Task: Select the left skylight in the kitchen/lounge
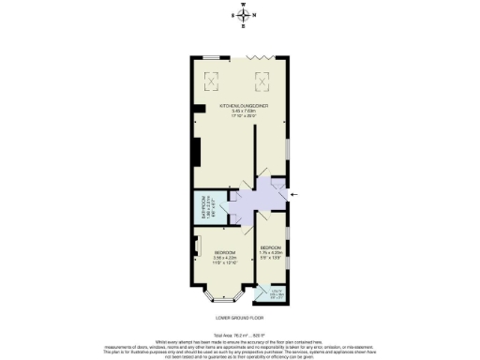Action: pos(212,79)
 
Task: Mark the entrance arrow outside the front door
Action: pos(296,194)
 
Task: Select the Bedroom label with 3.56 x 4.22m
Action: pos(225,252)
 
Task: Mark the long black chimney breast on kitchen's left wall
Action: pos(195,152)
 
